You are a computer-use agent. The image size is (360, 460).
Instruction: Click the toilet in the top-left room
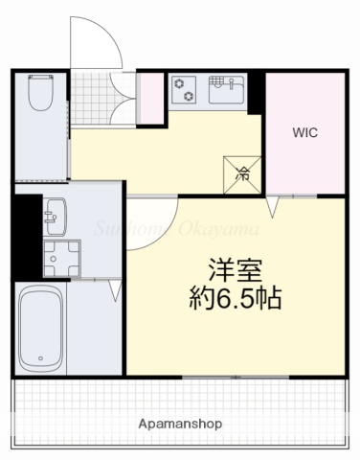(40, 94)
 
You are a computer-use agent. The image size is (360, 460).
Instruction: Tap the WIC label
(304, 134)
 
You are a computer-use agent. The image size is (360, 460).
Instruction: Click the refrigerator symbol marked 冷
(243, 173)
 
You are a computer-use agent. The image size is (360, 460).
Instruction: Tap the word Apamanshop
(179, 423)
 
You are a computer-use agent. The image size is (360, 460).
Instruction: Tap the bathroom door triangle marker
(114, 287)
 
